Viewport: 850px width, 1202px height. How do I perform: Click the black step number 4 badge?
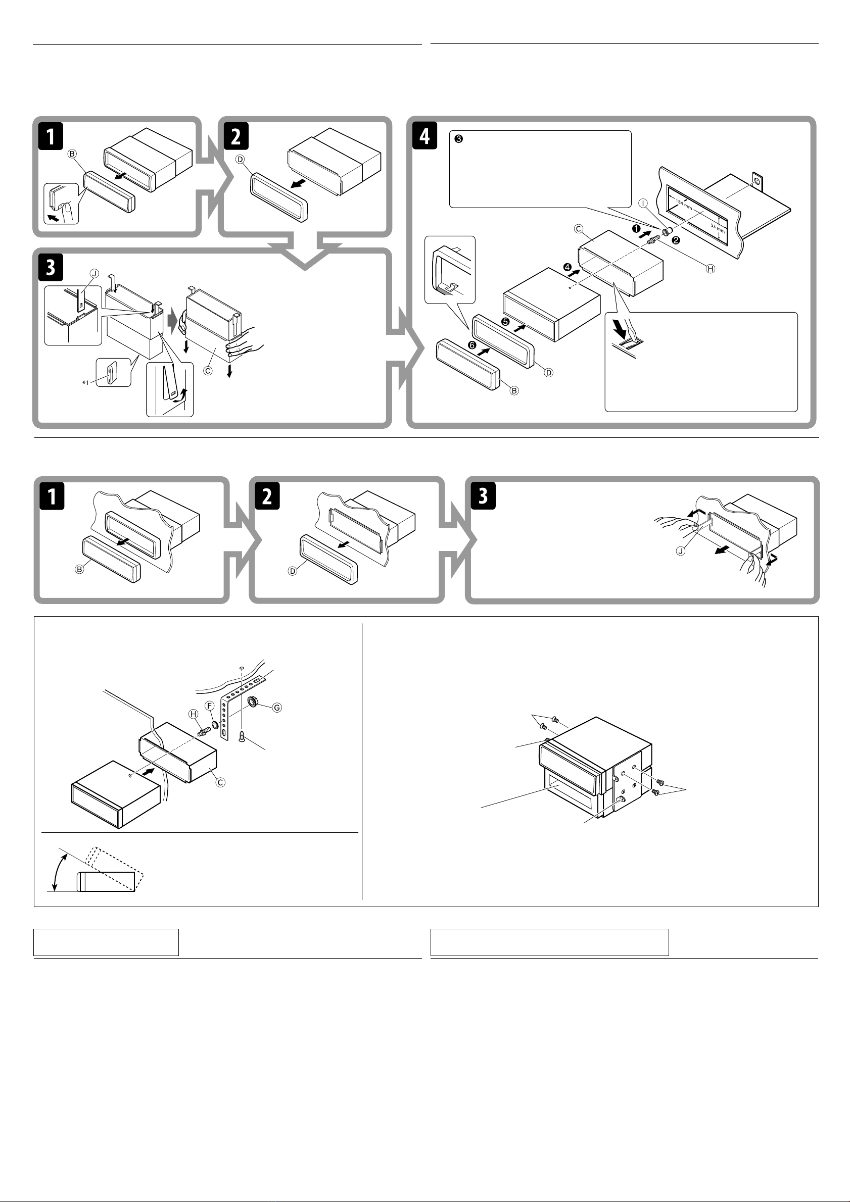[x=424, y=135]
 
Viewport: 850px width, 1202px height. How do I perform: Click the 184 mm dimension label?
[x=683, y=205]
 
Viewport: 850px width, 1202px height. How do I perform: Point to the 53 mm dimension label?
[x=718, y=228]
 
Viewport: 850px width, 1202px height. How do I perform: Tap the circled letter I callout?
[x=643, y=203]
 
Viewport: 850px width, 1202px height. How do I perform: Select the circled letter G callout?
[x=277, y=708]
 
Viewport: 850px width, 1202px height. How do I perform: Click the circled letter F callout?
[x=210, y=706]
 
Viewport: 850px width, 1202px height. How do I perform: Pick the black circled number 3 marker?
[x=459, y=139]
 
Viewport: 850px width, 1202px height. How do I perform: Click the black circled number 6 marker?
[x=472, y=345]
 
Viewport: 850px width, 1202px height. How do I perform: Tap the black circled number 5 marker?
[x=505, y=321]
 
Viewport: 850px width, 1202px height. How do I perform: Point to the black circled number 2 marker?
[x=676, y=240]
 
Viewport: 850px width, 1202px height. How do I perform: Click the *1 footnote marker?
[x=86, y=383]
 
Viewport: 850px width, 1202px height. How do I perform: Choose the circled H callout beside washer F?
[x=194, y=714]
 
